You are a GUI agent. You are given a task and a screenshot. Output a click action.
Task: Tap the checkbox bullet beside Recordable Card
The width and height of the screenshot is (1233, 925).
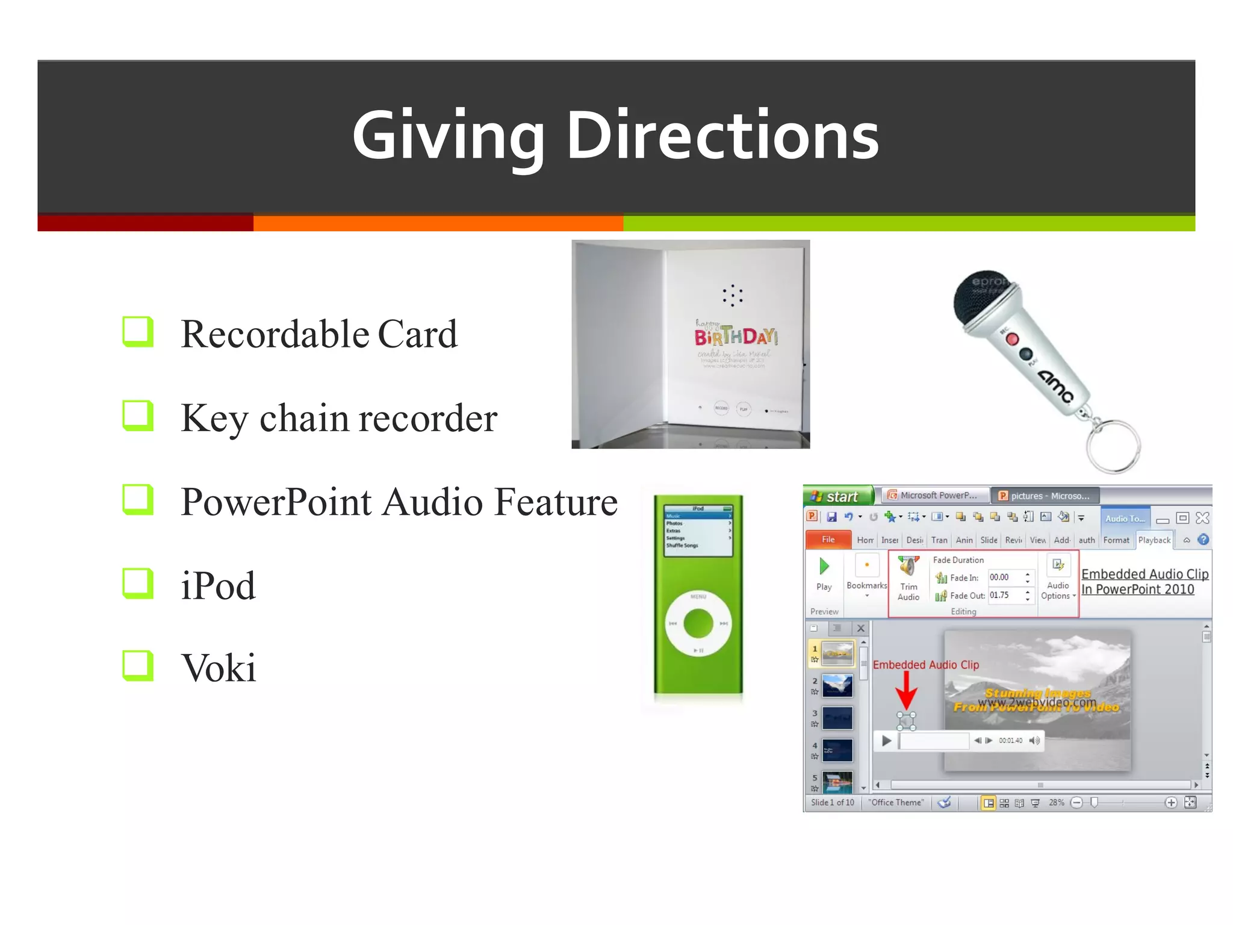(138, 332)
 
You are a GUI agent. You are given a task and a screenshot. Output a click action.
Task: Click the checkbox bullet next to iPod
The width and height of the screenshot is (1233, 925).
(138, 584)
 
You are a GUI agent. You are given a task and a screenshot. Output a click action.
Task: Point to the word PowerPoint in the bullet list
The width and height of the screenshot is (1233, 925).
(276, 502)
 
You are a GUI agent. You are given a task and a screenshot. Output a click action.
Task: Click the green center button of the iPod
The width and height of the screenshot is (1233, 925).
(698, 623)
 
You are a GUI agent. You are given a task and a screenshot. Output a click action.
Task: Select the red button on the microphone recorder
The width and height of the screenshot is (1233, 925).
(1012, 340)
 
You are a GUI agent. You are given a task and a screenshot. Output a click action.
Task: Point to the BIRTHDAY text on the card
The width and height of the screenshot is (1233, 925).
(736, 337)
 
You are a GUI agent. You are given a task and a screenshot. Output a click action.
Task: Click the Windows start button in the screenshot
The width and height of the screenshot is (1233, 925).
(837, 496)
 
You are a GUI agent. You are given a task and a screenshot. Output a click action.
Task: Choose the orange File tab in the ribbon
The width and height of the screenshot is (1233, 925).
(828, 540)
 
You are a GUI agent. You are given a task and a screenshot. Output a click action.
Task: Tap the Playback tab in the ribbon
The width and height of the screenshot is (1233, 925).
(1154, 540)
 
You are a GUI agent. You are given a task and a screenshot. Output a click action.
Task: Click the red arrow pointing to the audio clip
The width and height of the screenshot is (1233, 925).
(906, 690)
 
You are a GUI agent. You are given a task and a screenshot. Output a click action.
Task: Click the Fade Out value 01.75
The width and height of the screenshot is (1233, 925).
(999, 595)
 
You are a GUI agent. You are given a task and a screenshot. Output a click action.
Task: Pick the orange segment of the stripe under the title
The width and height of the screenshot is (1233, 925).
(438, 223)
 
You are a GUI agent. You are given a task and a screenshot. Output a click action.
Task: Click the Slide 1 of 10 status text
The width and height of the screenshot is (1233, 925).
(832, 803)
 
